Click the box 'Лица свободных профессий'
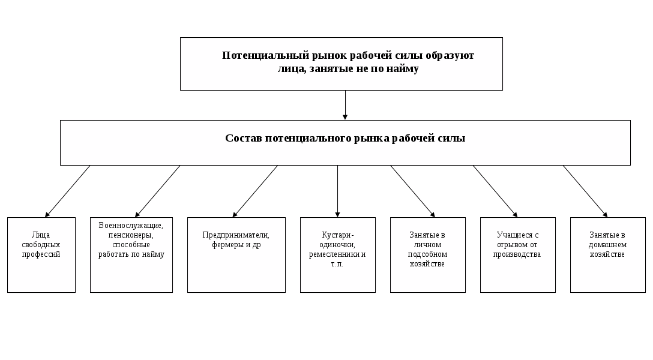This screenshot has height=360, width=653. (x=41, y=254)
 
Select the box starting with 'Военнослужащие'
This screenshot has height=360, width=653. (x=131, y=254)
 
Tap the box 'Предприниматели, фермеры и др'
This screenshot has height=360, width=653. (x=236, y=254)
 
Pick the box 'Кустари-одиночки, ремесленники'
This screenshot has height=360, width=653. (x=337, y=254)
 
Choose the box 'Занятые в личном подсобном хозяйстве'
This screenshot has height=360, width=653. (x=427, y=254)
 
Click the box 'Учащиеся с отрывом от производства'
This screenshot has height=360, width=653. (x=517, y=254)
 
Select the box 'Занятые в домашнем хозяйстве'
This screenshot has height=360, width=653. (x=607, y=254)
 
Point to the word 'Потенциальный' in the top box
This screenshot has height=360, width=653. (x=260, y=56)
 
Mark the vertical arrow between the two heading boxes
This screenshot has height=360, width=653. (x=346, y=105)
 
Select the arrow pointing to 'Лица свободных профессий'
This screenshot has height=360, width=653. (x=68, y=191)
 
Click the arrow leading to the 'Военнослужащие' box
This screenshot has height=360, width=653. (x=158, y=191)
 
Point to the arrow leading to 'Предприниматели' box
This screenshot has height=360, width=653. (x=255, y=191)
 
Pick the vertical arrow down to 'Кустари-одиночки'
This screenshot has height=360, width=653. (x=338, y=191)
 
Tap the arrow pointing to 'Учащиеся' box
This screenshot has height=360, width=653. (x=495, y=191)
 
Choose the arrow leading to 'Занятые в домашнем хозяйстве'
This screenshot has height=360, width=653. (x=585, y=191)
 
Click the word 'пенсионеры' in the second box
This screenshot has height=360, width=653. (x=131, y=235)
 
